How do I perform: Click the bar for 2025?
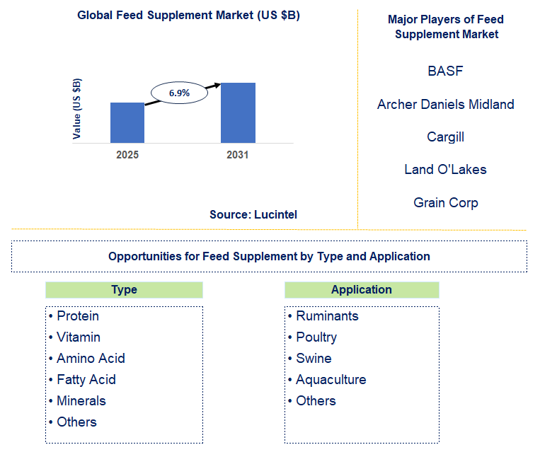tap(127, 122)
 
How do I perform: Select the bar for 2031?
tap(238, 112)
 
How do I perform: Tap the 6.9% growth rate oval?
tap(179, 93)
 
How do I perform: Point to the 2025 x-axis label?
tap(127, 154)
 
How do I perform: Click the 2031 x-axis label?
tap(238, 154)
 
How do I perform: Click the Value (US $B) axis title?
tap(77, 108)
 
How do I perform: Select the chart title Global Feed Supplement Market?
tap(188, 16)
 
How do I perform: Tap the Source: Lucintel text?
tap(253, 214)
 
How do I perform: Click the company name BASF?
tap(445, 71)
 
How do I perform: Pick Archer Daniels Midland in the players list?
tap(445, 105)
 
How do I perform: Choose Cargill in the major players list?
tap(445, 137)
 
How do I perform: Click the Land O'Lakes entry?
tap(445, 170)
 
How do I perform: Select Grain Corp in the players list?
tap(445, 203)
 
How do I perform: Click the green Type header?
tap(124, 289)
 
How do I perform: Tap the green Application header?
tap(361, 289)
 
